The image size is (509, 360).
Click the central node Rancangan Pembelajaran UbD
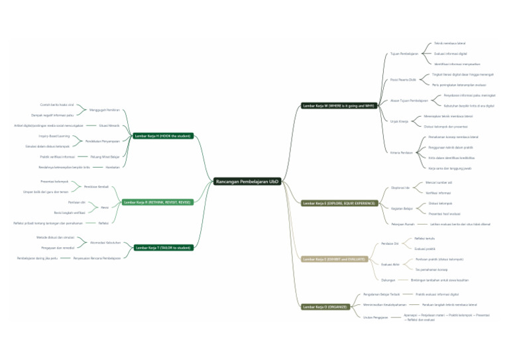(247, 181)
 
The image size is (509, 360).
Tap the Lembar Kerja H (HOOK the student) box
(162, 135)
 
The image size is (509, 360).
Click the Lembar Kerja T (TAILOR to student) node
(163, 247)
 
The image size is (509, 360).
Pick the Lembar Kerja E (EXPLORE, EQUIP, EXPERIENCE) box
(339, 203)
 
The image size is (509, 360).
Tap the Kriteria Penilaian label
(402, 152)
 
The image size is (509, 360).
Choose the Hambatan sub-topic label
(113, 167)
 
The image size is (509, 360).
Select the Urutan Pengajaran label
(376, 317)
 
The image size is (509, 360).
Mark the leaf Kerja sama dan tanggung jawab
(448, 168)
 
